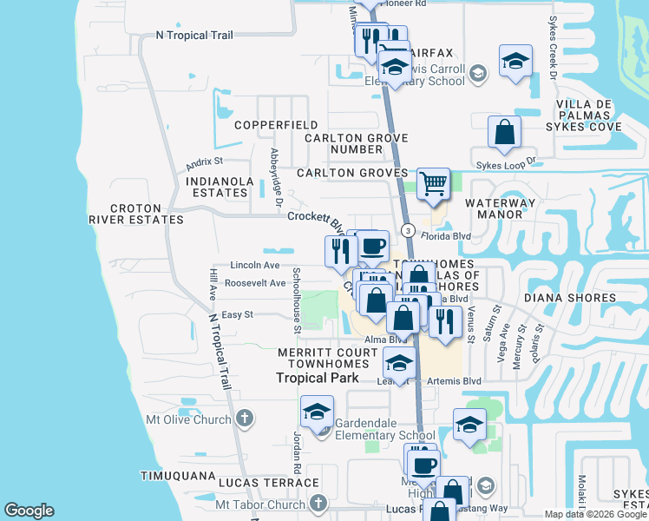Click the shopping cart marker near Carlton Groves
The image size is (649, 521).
(433, 184)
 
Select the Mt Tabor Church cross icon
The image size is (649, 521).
(318, 504)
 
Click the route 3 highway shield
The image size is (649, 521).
(407, 229)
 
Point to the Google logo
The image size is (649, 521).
(29, 511)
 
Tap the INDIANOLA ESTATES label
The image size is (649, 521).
(218, 188)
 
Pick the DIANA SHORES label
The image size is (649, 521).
(567, 297)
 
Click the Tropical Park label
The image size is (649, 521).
(318, 378)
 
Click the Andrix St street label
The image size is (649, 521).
(205, 162)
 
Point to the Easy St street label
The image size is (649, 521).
(237, 314)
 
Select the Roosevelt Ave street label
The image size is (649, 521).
(254, 283)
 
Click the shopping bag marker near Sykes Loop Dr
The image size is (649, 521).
(504, 133)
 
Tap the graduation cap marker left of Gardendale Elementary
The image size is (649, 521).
(318, 411)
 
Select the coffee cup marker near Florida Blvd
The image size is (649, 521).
(372, 246)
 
